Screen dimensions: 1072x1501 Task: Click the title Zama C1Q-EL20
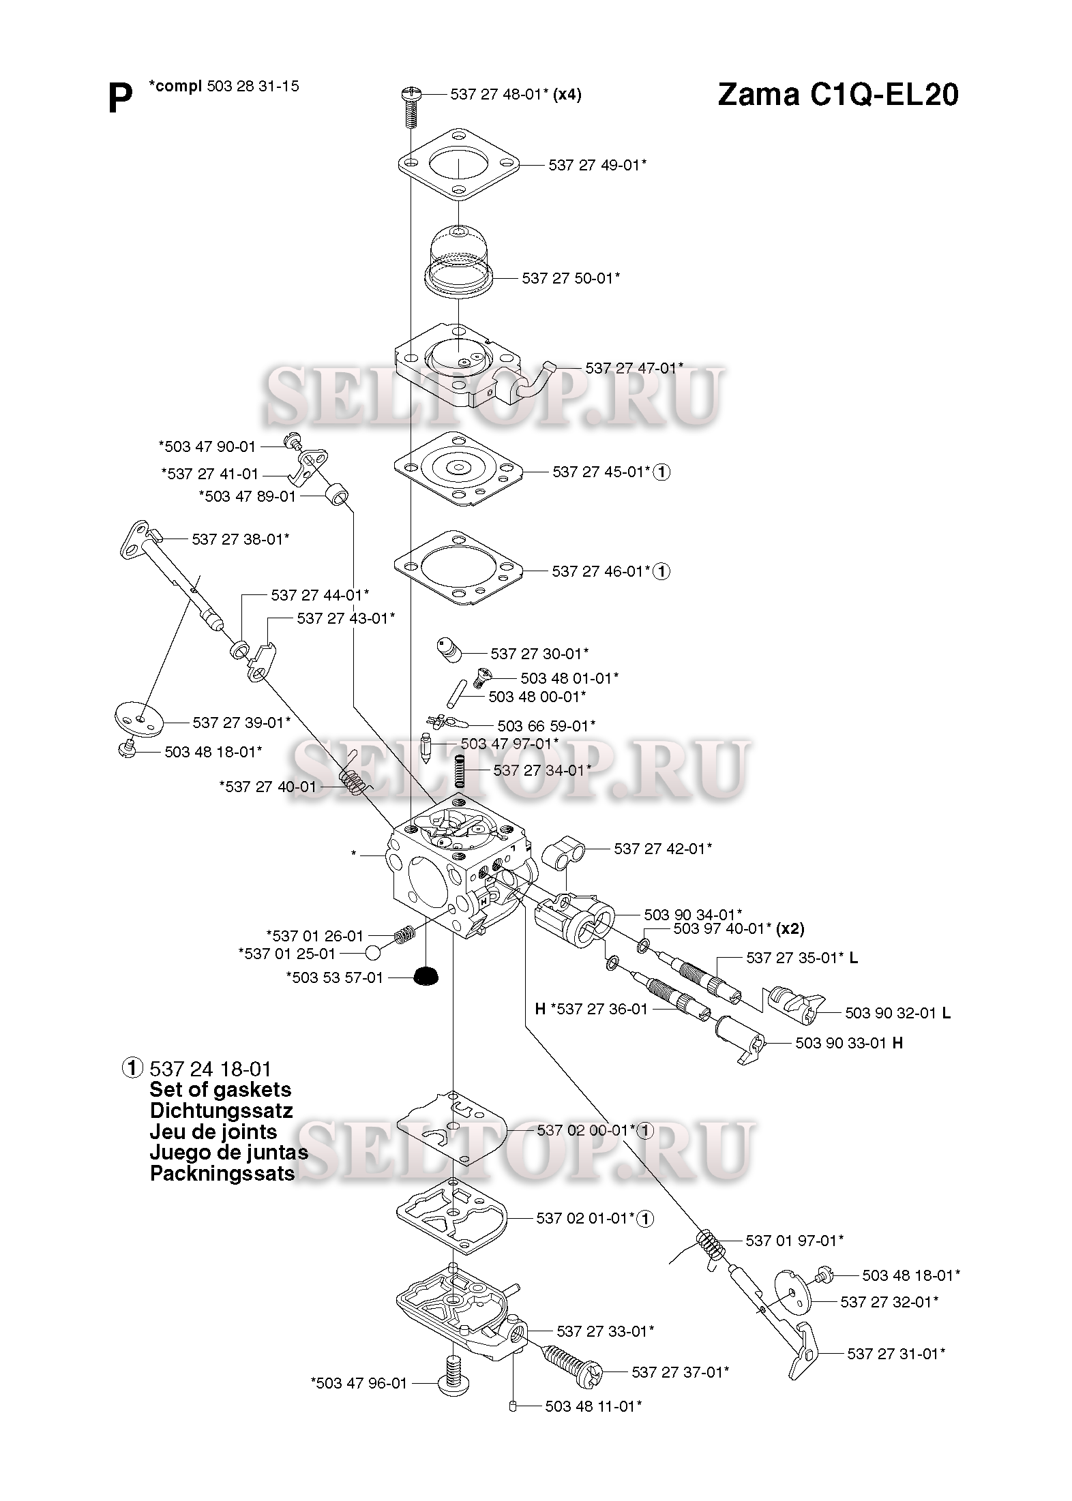[837, 95]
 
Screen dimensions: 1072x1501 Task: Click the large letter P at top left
[120, 100]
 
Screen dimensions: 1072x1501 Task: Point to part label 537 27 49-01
[597, 165]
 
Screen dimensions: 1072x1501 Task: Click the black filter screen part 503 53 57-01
[426, 975]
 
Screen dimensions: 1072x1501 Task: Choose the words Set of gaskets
[220, 1090]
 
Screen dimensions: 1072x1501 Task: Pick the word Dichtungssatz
[221, 1111]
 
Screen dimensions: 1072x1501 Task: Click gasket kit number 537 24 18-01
[210, 1068]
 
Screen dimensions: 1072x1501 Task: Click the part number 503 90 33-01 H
[848, 1043]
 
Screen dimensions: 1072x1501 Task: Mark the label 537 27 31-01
[896, 1354]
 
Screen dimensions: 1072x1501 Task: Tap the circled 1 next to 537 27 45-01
[661, 472]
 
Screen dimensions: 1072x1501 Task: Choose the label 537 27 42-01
[662, 849]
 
